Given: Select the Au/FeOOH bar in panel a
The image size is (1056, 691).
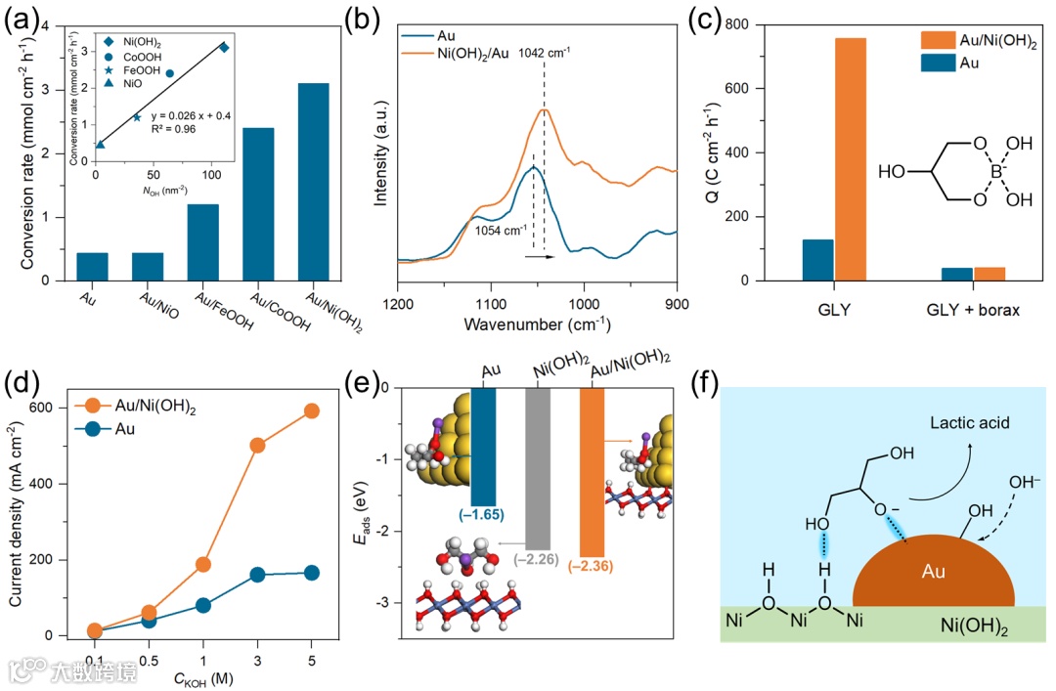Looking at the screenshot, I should [202, 242].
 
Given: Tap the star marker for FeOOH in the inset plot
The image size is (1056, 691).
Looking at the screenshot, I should [137, 117].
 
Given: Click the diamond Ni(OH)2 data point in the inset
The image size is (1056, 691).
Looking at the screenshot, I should [224, 47].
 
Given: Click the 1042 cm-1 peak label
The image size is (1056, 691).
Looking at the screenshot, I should [546, 53].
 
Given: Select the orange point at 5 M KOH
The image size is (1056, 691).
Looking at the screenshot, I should [312, 411].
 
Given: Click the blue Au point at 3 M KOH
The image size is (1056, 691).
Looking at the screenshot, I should [258, 575].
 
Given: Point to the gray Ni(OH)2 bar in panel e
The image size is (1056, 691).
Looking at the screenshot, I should [539, 468].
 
